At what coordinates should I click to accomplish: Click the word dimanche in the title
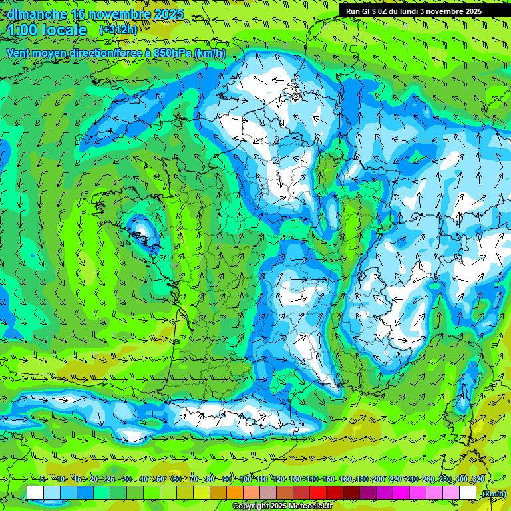click(37, 14)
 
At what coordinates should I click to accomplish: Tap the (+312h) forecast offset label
click(118, 30)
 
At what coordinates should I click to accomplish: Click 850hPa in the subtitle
click(172, 53)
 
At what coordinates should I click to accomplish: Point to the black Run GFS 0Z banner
click(423, 11)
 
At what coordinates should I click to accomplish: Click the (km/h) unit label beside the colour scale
click(493, 493)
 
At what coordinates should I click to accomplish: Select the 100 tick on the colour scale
click(246, 480)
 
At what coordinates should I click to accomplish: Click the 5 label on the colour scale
click(43, 480)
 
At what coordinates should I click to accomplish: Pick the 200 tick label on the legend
click(379, 480)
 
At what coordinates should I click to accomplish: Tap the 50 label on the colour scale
click(160, 480)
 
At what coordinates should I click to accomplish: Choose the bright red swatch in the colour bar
click(318, 493)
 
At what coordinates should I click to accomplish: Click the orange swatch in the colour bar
click(235, 493)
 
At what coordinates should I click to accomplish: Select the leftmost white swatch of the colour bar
click(35, 493)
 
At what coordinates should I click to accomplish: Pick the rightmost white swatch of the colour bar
click(468, 493)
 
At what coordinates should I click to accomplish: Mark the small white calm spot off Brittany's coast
click(140, 230)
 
